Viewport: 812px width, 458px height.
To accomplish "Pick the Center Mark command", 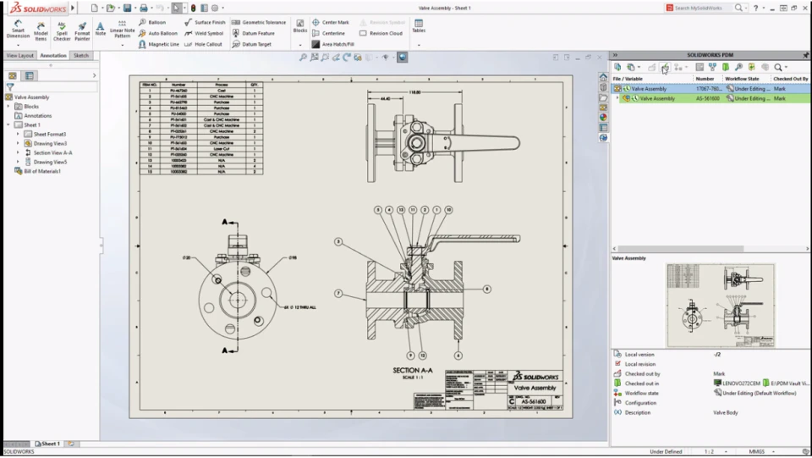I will pyautogui.click(x=330, y=22).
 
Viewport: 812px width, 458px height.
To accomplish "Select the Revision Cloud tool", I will pyautogui.click(x=381, y=33).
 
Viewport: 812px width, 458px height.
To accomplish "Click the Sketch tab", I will pyautogui.click(x=80, y=55).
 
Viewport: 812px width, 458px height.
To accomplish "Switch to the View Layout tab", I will pyautogui.click(x=20, y=55).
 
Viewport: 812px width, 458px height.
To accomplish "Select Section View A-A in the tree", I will pyautogui.click(x=52, y=152).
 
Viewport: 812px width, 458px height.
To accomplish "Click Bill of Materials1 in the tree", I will pyautogui.click(x=42, y=171).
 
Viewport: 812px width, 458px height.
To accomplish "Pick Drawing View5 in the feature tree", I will pyautogui.click(x=50, y=162).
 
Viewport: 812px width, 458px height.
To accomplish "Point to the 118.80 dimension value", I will pyautogui.click(x=414, y=91).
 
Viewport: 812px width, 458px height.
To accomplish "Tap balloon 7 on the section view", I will pyautogui.click(x=338, y=293).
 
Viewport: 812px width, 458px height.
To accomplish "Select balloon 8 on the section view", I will pyautogui.click(x=487, y=289).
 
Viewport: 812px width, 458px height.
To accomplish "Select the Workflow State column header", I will pyautogui.click(x=742, y=78).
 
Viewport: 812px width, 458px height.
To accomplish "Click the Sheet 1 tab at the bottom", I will pyautogui.click(x=50, y=444).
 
